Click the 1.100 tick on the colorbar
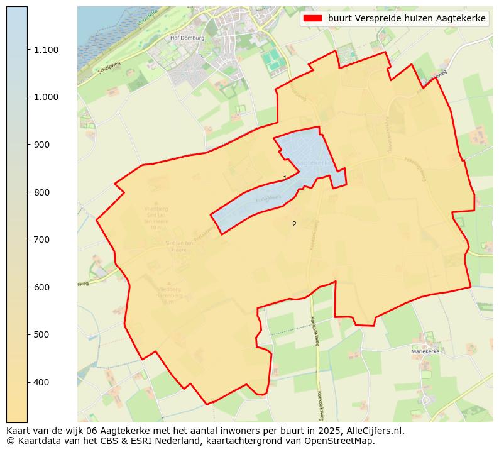(x=46, y=50)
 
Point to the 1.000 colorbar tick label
(x=46, y=97)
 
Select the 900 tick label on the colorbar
(x=42, y=145)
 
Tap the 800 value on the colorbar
(x=42, y=192)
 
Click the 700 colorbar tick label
(x=42, y=240)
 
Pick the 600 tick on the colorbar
(x=42, y=287)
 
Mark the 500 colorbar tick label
(x=42, y=334)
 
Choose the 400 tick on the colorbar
(x=42, y=382)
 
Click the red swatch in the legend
(x=312, y=19)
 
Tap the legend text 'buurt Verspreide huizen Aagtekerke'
(x=407, y=19)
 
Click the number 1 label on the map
(x=285, y=179)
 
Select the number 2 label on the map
(x=293, y=224)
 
